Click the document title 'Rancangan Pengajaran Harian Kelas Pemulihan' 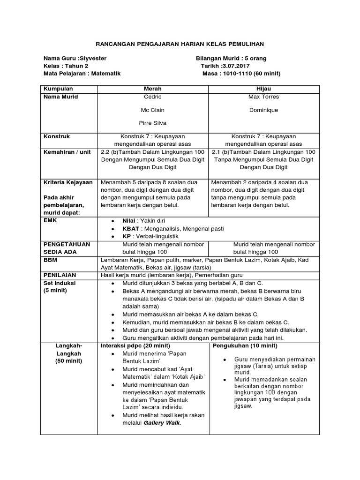[180, 44]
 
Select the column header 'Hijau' [263, 89]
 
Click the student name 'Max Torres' [263, 97]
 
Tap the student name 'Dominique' [263, 110]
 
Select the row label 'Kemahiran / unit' [66, 153]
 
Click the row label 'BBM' [50, 259]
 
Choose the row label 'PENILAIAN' [60, 275]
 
